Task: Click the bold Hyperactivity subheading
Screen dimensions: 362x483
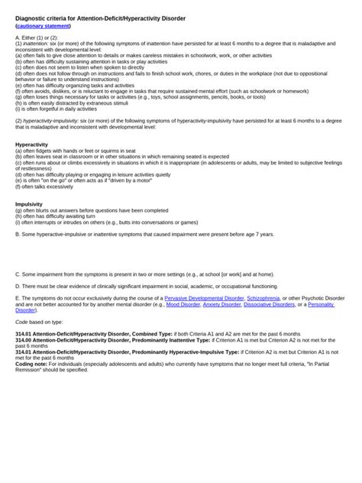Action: [x=32, y=144]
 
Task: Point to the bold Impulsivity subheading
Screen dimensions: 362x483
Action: [x=30, y=204]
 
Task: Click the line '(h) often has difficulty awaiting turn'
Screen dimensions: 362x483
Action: [x=61, y=216]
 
